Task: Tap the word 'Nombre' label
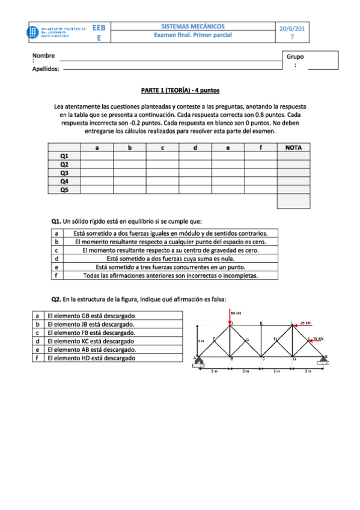coord(44,56)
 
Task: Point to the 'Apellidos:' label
coord(46,69)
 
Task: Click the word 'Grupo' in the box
coord(296,57)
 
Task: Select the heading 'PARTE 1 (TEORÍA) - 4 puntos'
coord(180,90)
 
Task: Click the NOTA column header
coord(293,147)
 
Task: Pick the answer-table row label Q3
coord(64,173)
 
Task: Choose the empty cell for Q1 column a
coord(97,156)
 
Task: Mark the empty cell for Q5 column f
coord(260,189)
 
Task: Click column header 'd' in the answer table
coord(195,147)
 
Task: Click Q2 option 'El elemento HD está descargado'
coord(91,358)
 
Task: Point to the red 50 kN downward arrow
coord(230,318)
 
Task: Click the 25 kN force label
coord(305,322)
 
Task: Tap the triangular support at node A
coord(198,362)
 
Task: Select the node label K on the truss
coord(261,323)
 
